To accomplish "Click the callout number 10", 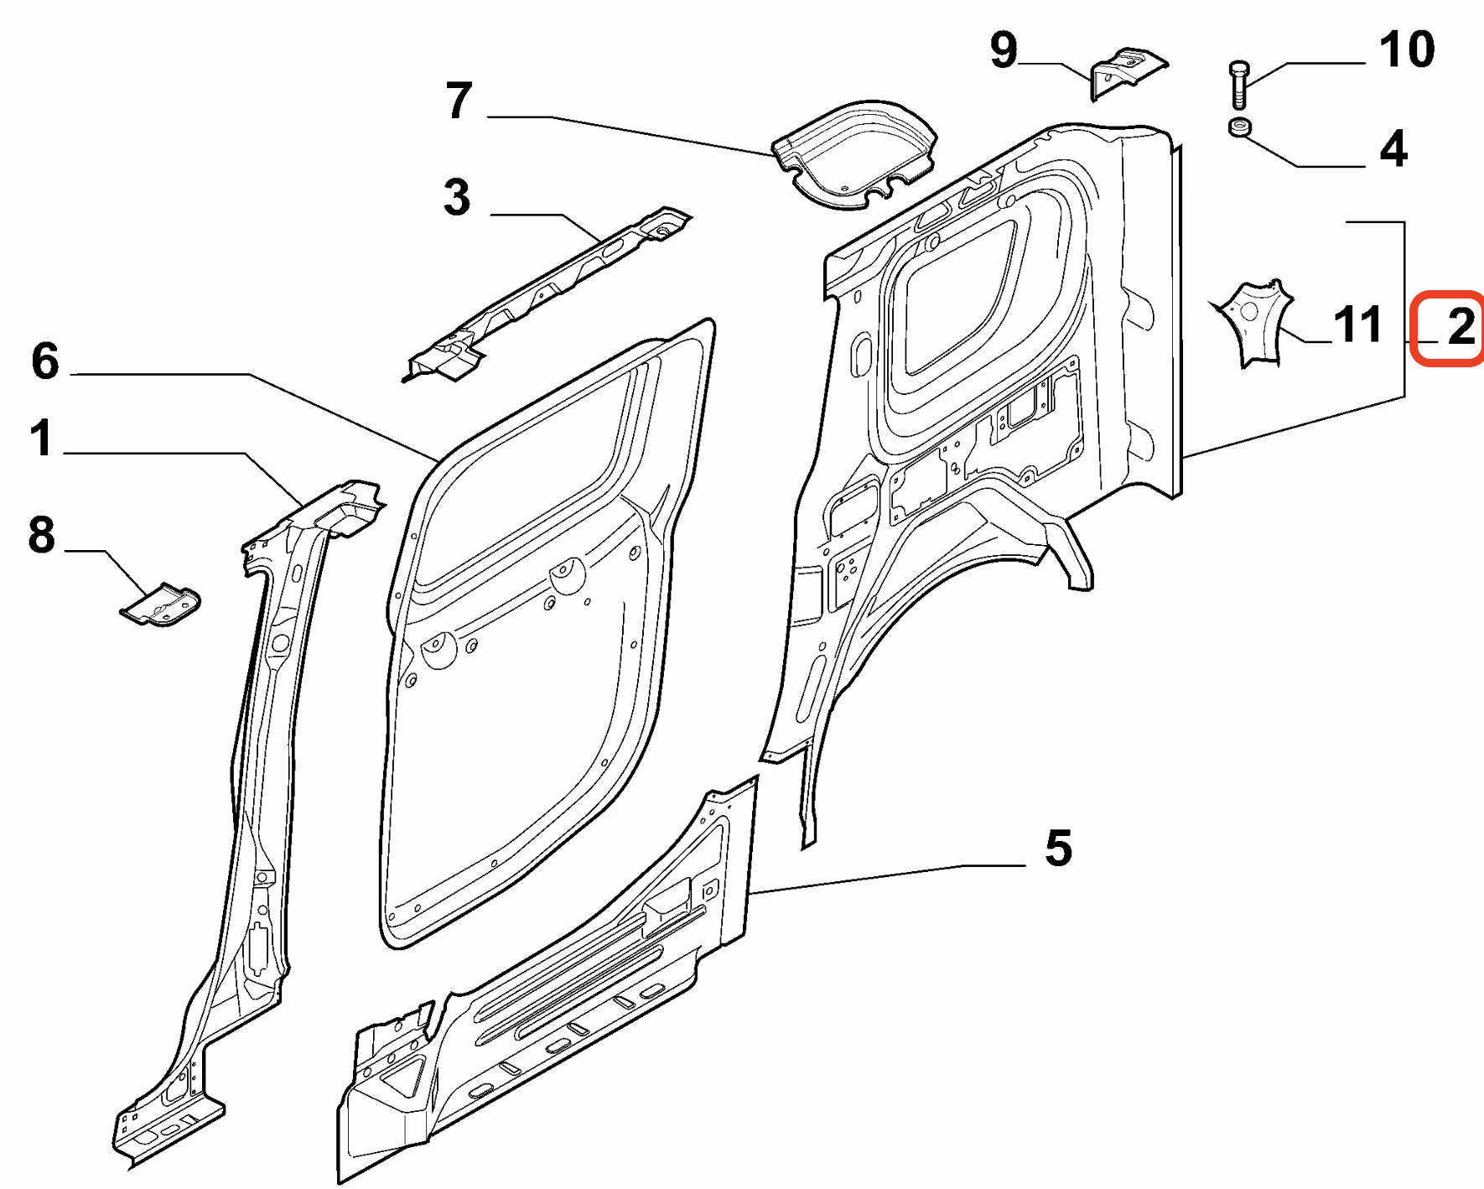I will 1407,49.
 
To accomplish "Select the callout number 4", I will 1393,148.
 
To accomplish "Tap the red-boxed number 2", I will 1460,326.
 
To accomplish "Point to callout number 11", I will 1357,325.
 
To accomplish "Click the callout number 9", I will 1004,49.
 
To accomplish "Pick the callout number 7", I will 459,101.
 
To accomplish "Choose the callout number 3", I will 457,198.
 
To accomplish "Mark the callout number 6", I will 45,361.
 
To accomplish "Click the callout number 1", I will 41,439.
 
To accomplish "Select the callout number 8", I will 41,535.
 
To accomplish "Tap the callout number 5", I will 1058,848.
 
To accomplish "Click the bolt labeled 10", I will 1239,85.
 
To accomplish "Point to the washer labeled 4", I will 1240,127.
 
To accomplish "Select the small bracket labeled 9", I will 1126,71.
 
